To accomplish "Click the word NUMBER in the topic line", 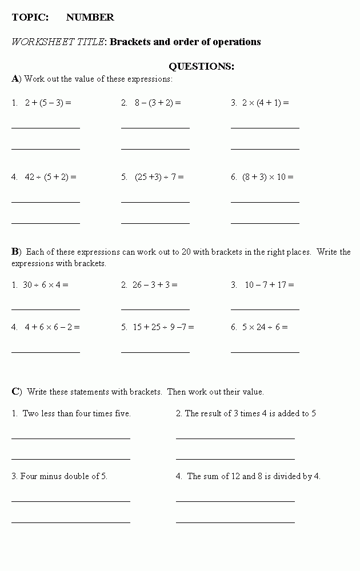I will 90,17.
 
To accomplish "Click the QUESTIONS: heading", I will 201,66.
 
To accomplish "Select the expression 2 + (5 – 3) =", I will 48,103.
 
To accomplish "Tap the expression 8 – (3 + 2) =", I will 158,103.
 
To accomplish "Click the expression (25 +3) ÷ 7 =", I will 159,177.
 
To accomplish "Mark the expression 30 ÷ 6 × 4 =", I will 45,285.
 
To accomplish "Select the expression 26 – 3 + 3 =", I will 155,285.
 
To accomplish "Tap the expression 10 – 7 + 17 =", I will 270,285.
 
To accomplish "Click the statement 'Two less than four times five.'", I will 77,413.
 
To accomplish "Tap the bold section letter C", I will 15,391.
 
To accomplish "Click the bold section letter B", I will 15,251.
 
